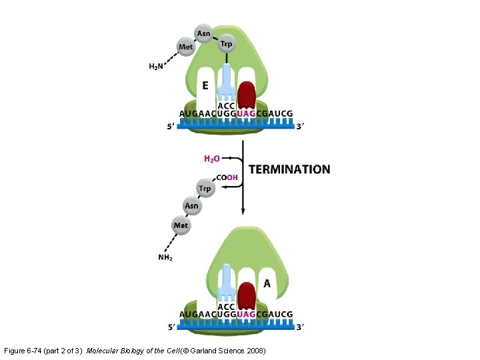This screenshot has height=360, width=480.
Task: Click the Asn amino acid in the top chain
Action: pyautogui.click(x=204, y=33)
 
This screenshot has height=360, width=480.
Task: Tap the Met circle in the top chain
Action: pyautogui.click(x=186, y=47)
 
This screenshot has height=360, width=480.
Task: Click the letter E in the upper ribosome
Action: pyautogui.click(x=205, y=85)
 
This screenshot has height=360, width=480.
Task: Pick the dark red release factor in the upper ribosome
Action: pyautogui.click(x=247, y=95)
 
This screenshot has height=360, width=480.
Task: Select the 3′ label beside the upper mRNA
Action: pyautogui.click(x=300, y=127)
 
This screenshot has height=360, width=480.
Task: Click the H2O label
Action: pyautogui.click(x=211, y=159)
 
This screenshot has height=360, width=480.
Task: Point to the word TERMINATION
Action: pyautogui.click(x=289, y=169)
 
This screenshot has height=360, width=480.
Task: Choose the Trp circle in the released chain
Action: pyautogui.click(x=205, y=189)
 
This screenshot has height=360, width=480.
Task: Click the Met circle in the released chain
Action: pyautogui.click(x=181, y=225)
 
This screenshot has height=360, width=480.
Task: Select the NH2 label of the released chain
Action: pyautogui.click(x=165, y=257)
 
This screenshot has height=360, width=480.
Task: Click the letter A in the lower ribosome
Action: pyautogui.click(x=267, y=283)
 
